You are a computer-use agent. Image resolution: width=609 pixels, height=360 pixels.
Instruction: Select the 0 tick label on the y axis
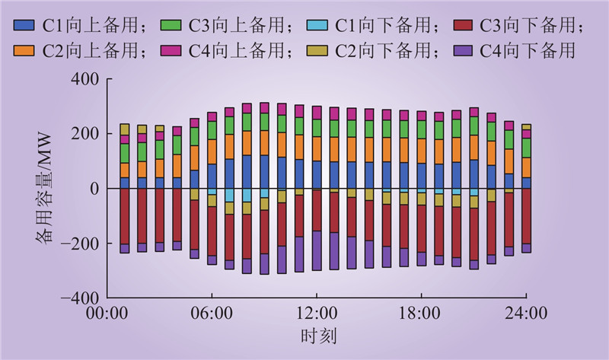click(x=94, y=188)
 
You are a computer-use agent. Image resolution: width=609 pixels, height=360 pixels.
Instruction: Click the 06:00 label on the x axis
click(x=212, y=313)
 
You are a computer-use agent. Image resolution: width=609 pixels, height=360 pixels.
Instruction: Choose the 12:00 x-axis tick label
click(x=317, y=313)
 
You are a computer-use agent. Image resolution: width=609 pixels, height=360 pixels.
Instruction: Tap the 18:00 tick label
click(x=422, y=313)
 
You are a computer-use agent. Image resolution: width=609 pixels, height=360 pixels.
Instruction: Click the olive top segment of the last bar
click(x=526, y=128)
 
